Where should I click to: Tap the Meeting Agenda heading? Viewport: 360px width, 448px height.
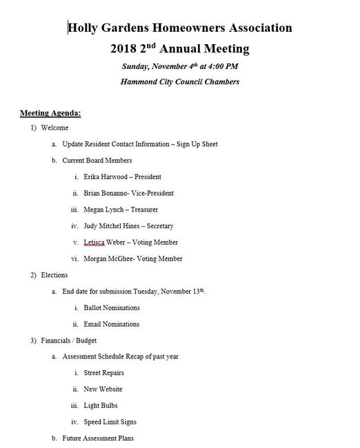point(51,112)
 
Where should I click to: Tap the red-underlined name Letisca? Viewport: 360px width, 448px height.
point(94,242)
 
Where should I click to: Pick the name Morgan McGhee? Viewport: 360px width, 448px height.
point(108,258)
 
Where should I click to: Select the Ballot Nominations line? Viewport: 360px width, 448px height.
point(111,307)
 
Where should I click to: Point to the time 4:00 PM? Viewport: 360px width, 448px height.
point(223,68)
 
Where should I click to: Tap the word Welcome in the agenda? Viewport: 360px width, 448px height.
point(54,128)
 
